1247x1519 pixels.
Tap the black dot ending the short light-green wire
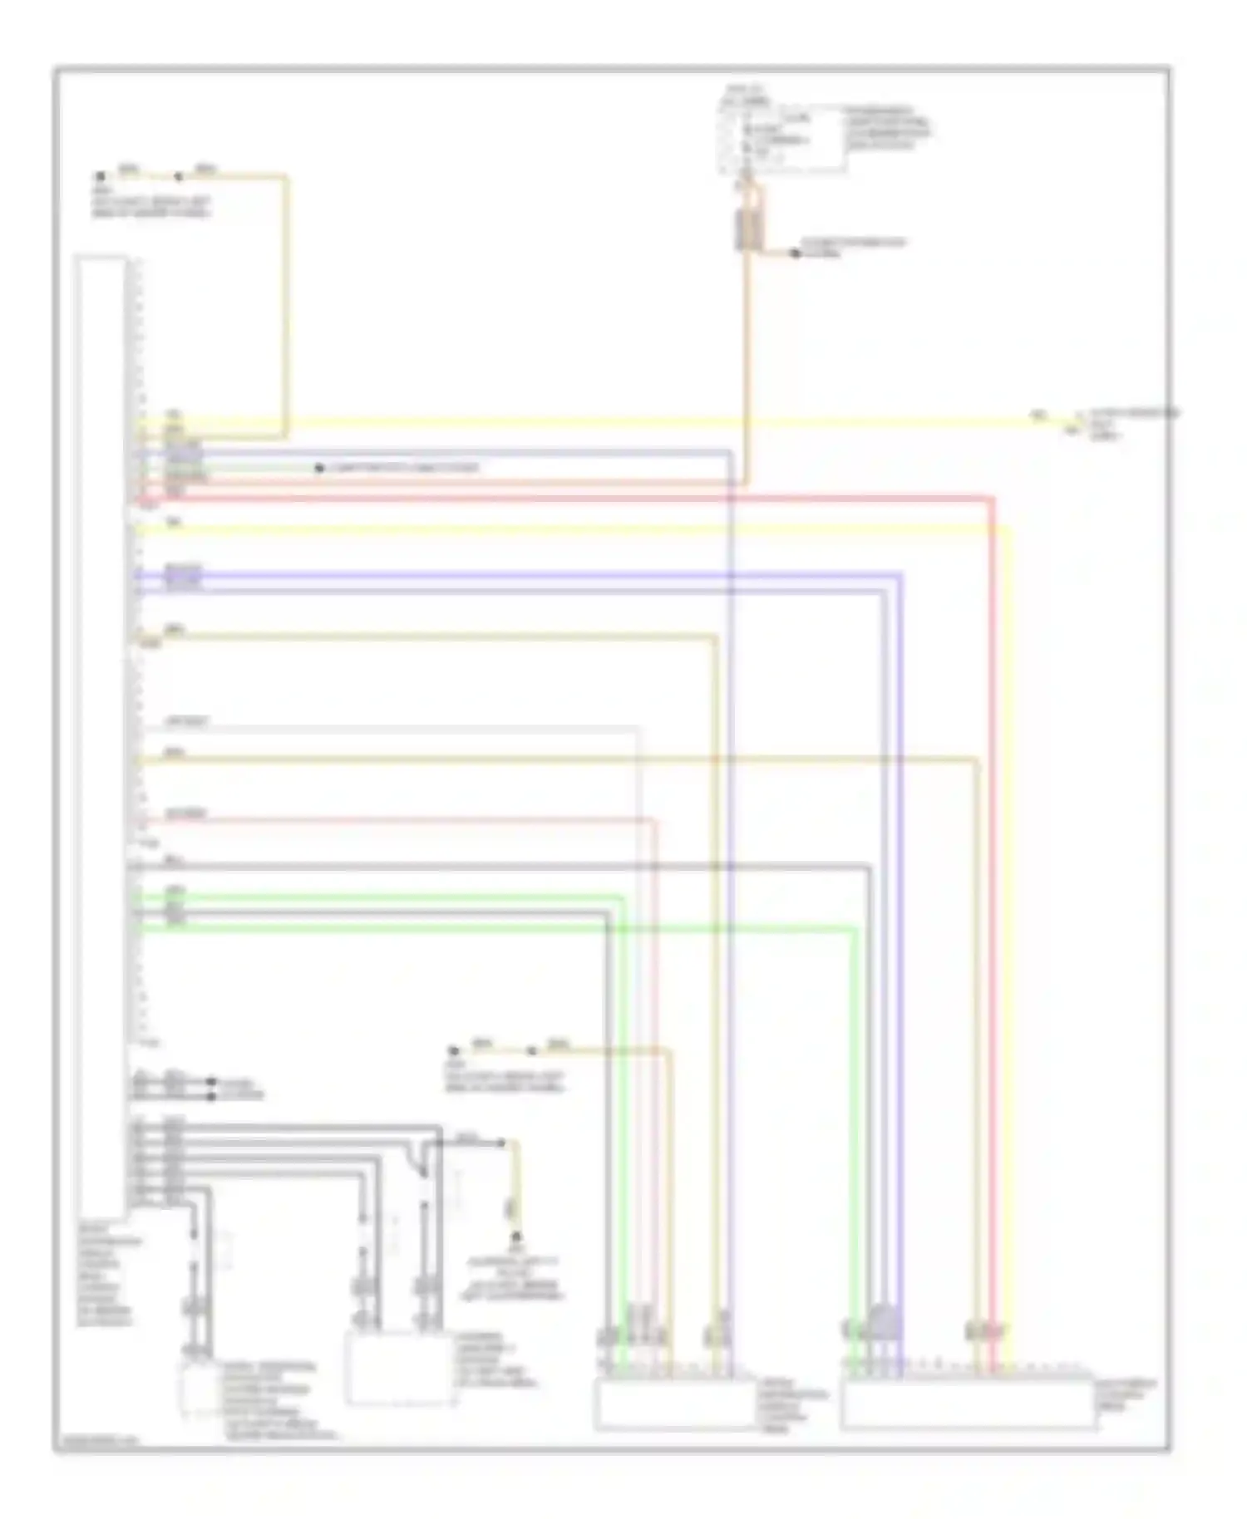point(319,469)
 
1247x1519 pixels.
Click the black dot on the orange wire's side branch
point(796,253)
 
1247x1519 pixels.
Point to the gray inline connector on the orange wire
point(746,229)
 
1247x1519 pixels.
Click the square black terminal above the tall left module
point(101,177)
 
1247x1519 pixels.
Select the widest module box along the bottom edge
point(968,1403)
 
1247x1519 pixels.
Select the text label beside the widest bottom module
point(1126,1396)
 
